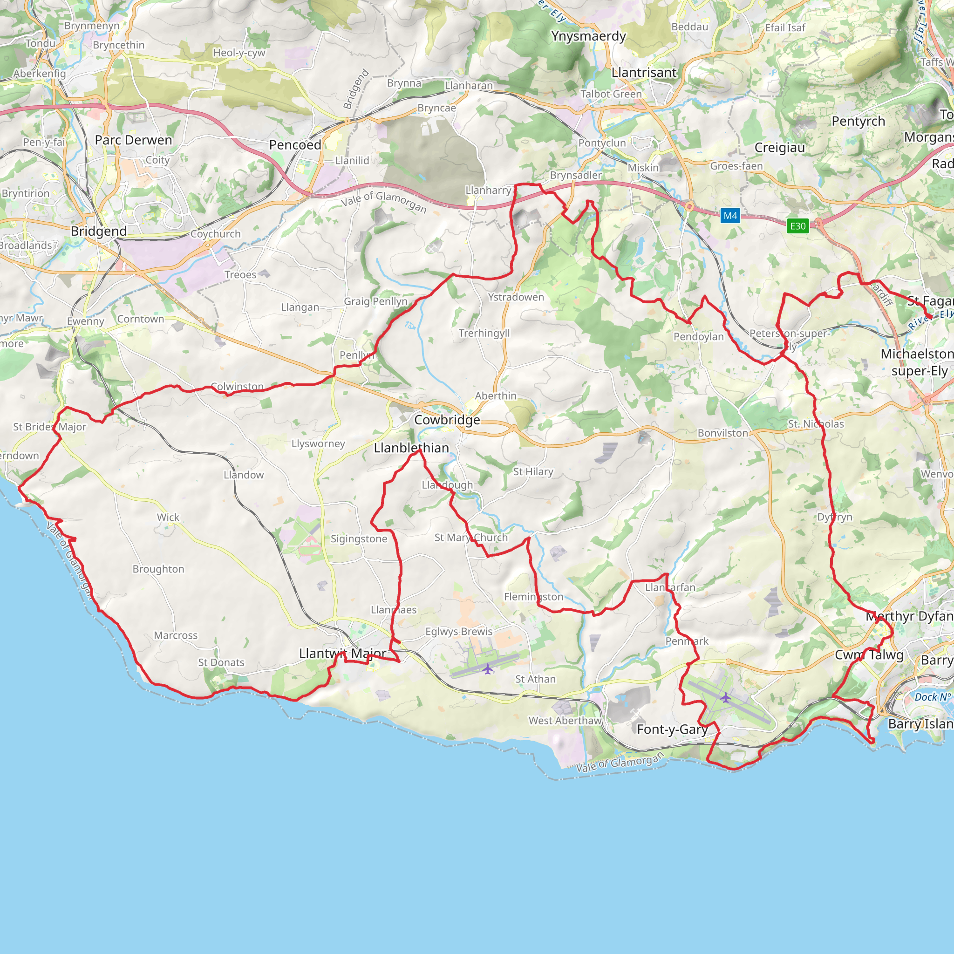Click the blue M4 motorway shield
click(x=730, y=216)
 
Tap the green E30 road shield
click(x=797, y=226)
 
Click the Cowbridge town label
click(x=447, y=420)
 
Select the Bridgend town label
click(x=99, y=231)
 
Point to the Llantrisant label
click(x=643, y=73)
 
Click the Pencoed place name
click(x=295, y=145)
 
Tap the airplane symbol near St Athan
click(x=487, y=669)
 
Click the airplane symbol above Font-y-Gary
click(x=725, y=698)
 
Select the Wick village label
click(x=168, y=518)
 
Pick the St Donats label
click(x=221, y=663)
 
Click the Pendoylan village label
click(x=698, y=337)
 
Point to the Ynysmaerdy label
click(x=588, y=36)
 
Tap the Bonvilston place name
click(x=722, y=433)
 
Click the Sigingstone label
click(x=359, y=539)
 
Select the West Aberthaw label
click(x=565, y=721)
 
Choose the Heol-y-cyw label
click(x=239, y=53)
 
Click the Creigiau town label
click(x=779, y=148)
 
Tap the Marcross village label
click(x=175, y=635)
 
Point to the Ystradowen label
click(x=516, y=297)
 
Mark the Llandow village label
click(x=244, y=475)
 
